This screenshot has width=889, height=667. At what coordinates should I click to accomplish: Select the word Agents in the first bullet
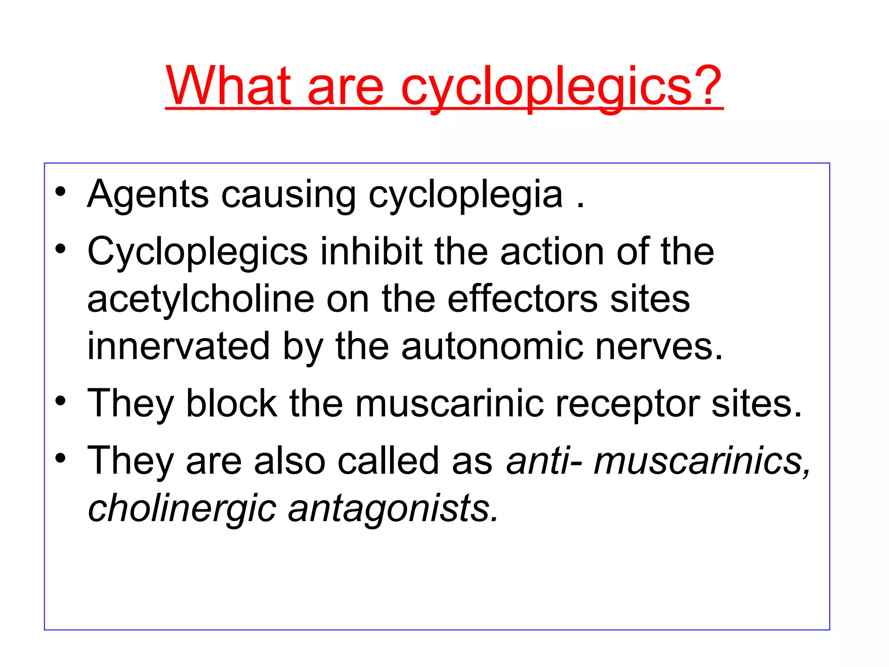(148, 195)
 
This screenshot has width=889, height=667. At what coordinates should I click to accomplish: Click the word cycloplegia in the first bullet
(465, 195)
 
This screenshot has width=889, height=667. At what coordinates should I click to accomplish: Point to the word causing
(288, 195)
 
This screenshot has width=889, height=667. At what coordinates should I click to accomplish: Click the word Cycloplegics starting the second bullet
(198, 252)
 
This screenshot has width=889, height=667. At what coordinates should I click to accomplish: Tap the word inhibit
(371, 251)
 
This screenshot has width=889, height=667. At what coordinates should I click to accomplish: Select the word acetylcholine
(201, 299)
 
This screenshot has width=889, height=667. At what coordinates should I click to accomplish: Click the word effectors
(523, 299)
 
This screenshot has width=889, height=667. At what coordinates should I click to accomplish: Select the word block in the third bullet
(231, 403)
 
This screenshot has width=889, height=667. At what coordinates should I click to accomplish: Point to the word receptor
(627, 404)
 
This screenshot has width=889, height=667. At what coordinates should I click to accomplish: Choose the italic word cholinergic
(182, 509)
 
